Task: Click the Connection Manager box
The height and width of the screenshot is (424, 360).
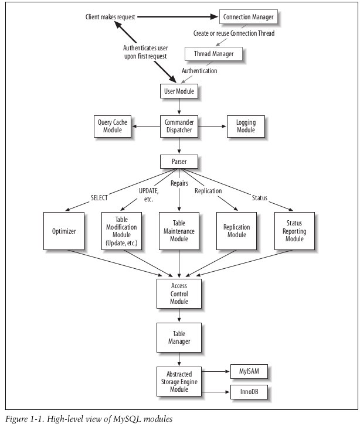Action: pos(249,17)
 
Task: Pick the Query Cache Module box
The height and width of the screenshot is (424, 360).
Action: pos(112,126)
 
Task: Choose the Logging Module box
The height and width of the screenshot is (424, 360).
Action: pos(246,126)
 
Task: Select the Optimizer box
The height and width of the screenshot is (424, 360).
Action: pos(64,231)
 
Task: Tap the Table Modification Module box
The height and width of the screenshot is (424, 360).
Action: pos(122,231)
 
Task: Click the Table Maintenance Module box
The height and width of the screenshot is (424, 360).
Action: pos(179,231)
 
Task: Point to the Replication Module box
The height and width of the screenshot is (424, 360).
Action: pos(237,231)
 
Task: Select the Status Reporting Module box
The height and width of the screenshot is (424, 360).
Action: pos(294,231)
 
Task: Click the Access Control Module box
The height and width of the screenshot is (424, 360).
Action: pos(179,293)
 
